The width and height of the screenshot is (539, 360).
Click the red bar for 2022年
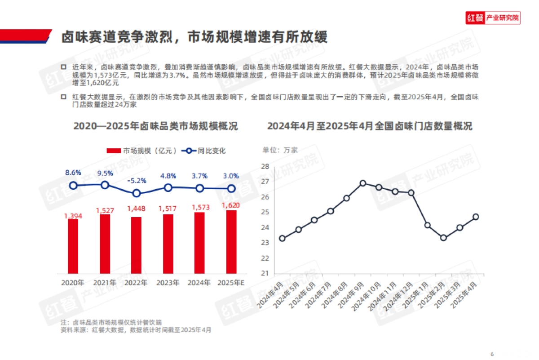136,245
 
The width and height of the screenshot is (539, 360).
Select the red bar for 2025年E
231,242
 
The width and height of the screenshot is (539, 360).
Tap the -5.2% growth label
137,181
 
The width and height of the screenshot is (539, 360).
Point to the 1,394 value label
73,216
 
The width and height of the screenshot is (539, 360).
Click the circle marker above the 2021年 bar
105,185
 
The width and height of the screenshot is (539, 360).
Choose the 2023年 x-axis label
168,283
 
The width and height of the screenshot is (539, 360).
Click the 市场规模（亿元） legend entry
141,151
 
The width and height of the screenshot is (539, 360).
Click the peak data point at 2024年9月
363,183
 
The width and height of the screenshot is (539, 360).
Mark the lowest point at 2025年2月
443,238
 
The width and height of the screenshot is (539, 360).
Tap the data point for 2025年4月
476,217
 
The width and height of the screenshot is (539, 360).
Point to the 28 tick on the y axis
265,166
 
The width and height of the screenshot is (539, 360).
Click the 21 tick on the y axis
265,273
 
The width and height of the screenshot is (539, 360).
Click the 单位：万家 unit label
280,150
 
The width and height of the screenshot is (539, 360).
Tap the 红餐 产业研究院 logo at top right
492,18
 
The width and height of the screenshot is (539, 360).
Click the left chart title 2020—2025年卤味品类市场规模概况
155,126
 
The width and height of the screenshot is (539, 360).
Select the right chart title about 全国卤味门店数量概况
369,126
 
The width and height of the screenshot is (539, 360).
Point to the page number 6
492,353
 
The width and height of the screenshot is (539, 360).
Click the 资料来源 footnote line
135,330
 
